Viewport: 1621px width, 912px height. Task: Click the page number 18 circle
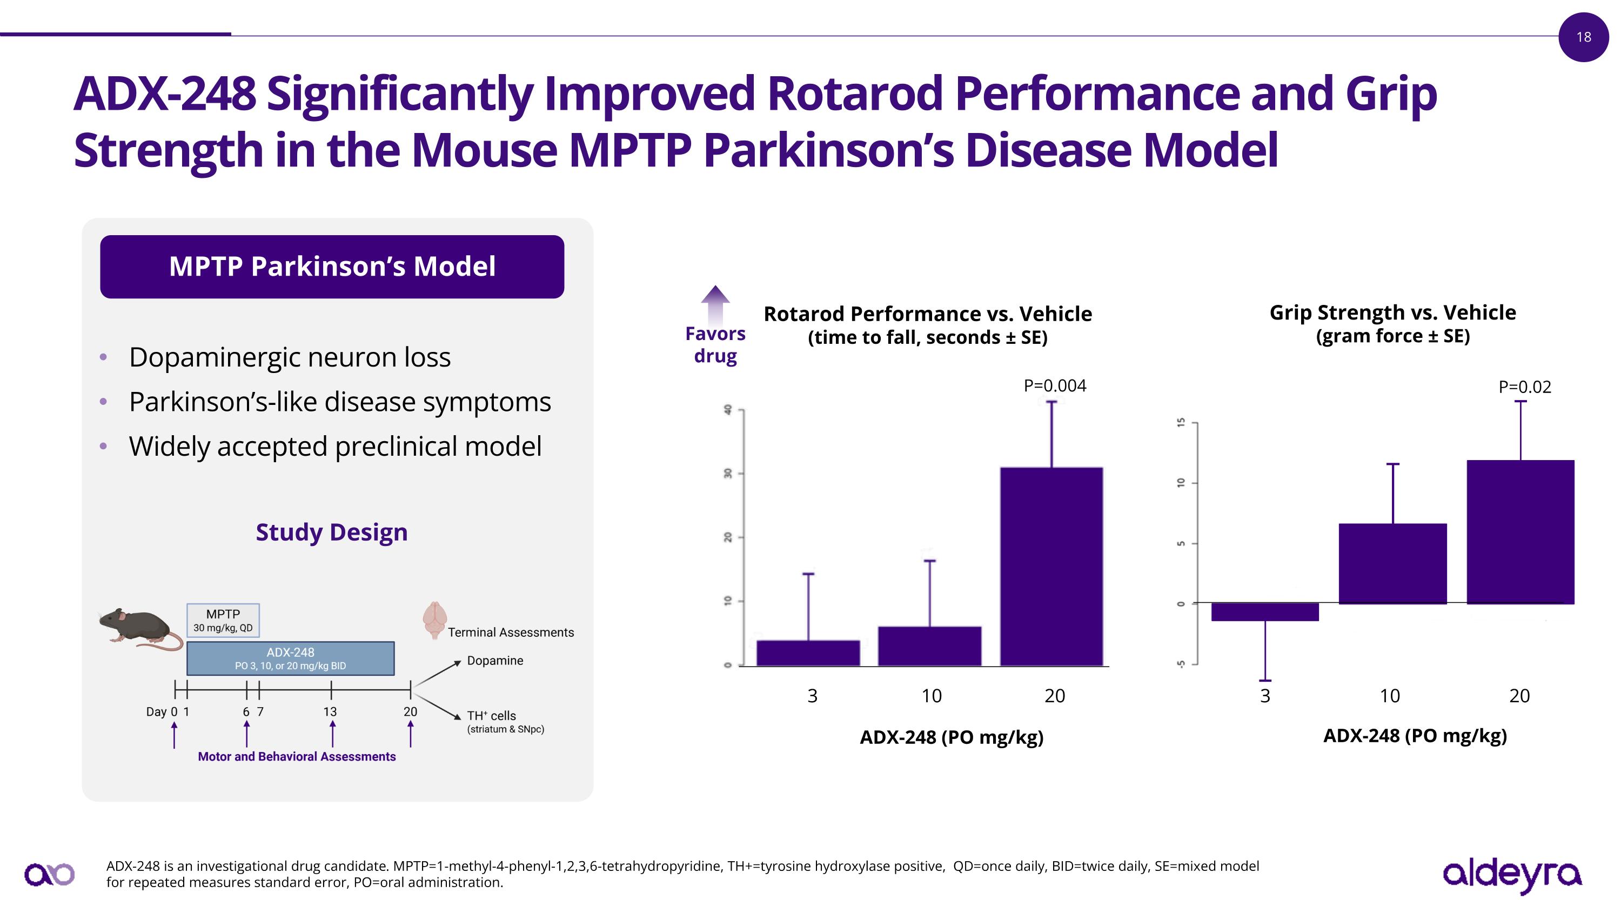click(1583, 37)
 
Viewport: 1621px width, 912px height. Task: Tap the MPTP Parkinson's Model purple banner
click(332, 266)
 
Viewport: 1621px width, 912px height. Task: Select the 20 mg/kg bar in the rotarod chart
click(1051, 566)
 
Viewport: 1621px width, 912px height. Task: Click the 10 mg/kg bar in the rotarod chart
click(929, 646)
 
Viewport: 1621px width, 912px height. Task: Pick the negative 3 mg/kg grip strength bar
click(1264, 612)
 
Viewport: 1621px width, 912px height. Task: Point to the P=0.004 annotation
click(1055, 385)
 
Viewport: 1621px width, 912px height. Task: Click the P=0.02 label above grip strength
click(1524, 387)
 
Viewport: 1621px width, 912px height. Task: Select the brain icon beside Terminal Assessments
click(435, 620)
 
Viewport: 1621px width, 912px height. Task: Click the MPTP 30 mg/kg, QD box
click(223, 620)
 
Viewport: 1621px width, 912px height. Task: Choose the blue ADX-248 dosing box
click(290, 658)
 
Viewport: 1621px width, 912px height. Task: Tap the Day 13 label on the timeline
click(330, 712)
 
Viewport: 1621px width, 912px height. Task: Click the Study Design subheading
click(332, 532)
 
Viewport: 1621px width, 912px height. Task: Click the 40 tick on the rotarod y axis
click(728, 410)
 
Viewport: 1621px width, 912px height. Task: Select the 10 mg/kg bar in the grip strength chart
click(1392, 563)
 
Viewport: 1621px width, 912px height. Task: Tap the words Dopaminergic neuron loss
click(290, 357)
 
